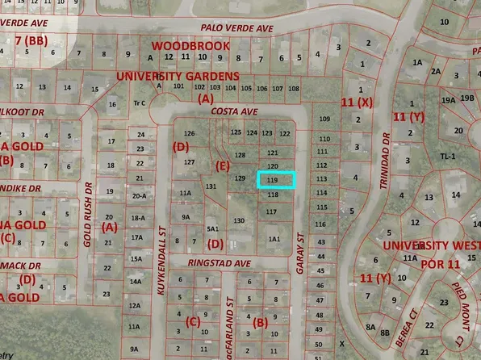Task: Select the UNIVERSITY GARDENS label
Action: (168, 75)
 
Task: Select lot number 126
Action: (190, 133)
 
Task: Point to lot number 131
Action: (211, 186)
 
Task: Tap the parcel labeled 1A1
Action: (274, 238)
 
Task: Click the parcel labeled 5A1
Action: (213, 228)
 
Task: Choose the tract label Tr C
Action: (139, 103)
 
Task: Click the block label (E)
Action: (224, 165)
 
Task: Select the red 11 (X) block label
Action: (357, 103)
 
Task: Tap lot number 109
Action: (324, 119)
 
